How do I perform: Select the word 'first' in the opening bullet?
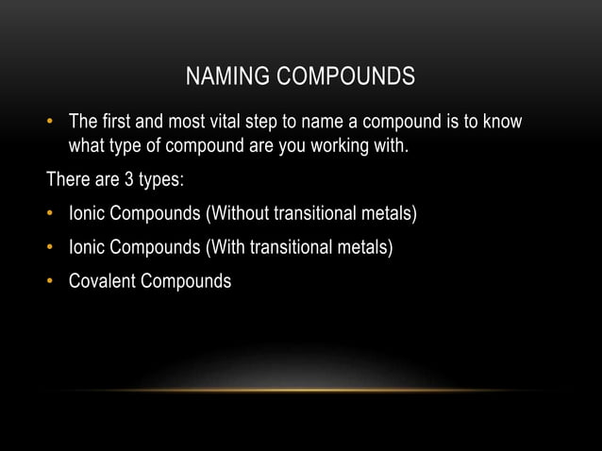click(117, 123)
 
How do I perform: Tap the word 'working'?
click(345, 148)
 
